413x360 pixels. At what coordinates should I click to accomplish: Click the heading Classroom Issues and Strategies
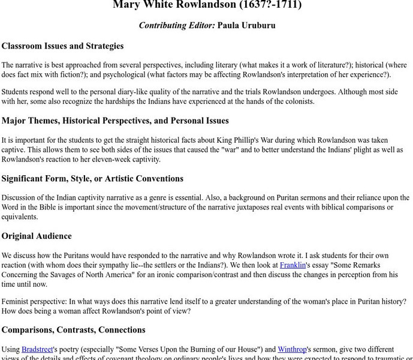62,46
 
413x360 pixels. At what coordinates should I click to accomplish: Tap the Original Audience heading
37,236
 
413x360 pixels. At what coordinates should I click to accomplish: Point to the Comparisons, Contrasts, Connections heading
73,329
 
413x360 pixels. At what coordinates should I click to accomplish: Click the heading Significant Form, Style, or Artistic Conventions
92,178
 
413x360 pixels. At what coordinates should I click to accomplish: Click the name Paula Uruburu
246,25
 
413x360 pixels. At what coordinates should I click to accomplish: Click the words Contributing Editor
176,25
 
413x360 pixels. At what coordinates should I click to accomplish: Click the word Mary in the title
126,5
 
